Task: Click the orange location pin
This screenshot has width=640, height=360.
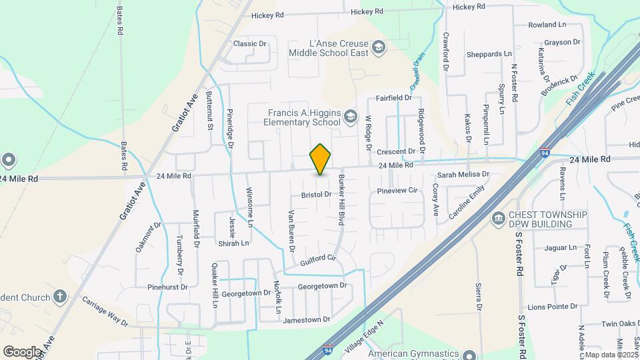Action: point(321,159)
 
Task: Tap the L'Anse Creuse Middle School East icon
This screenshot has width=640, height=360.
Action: point(379,47)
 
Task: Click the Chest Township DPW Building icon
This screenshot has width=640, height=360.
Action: point(497,219)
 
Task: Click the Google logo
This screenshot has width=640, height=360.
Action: point(22,351)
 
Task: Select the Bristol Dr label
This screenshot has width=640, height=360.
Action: point(316,195)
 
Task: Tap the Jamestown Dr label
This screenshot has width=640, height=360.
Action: point(307,320)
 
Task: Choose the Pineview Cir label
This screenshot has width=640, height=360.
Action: point(397,191)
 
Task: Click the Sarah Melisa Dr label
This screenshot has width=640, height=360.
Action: point(463,175)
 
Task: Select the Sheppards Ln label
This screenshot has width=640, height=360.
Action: point(489,54)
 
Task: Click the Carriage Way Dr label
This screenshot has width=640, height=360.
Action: point(105,312)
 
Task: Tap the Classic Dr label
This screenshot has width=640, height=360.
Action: point(250,44)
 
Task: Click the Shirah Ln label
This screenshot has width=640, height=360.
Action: point(236,243)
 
